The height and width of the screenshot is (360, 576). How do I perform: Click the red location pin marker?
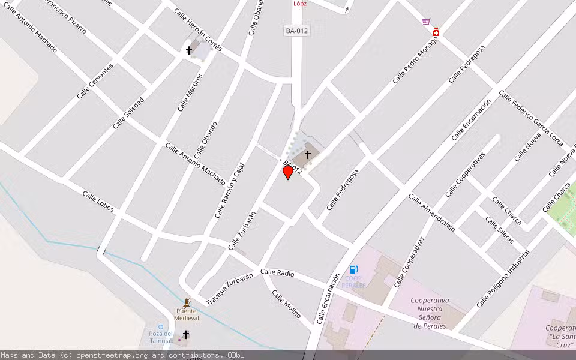[288, 172]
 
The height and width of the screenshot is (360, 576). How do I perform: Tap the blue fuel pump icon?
[354, 269]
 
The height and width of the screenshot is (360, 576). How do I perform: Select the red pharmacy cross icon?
[436, 32]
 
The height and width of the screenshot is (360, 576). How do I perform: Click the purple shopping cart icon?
[426, 22]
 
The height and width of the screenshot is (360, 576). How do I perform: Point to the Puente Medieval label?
[187, 314]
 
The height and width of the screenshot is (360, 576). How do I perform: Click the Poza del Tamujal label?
[161, 337]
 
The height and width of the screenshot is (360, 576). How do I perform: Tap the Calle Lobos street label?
[98, 202]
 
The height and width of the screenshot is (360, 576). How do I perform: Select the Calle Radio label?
[277, 272]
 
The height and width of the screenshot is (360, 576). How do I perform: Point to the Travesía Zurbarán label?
[229, 289]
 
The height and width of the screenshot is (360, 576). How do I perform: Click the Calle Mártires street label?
[190, 92]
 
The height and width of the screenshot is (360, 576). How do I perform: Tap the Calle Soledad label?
[128, 113]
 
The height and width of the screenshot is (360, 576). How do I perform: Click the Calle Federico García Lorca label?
[531, 118]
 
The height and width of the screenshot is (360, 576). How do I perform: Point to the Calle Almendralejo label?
[431, 212]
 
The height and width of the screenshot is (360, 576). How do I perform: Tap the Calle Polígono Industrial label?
[503, 278]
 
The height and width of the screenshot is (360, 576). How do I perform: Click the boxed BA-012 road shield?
[296, 31]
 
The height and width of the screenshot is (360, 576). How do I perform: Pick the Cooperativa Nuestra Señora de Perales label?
[430, 313]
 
